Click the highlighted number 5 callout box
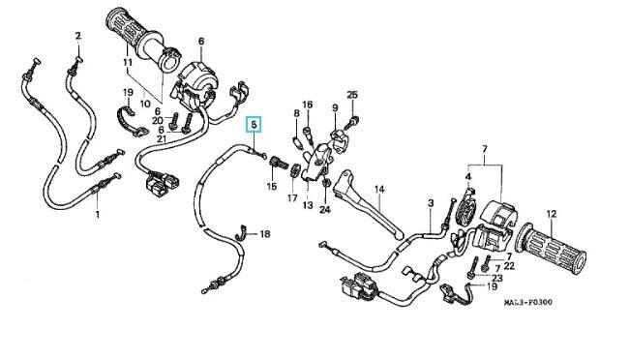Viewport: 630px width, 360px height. (254, 124)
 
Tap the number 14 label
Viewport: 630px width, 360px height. (379, 190)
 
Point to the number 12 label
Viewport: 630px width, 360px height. (552, 214)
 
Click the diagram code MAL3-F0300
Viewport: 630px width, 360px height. (528, 302)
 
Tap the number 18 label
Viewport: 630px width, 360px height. (265, 234)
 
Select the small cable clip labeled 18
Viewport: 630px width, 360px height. (242, 232)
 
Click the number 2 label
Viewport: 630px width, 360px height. (78, 36)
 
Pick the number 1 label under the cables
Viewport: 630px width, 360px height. (97, 214)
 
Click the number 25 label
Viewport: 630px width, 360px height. (352, 95)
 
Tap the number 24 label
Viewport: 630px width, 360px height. (324, 209)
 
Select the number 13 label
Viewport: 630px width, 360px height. (308, 205)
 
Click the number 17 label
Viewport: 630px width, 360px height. (292, 197)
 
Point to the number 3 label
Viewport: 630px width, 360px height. (431, 203)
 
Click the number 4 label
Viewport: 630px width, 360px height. (468, 176)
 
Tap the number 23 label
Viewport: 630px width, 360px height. (497, 278)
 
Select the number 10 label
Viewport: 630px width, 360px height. (145, 104)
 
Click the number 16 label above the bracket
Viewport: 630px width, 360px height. (308, 105)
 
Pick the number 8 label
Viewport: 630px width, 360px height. (296, 113)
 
